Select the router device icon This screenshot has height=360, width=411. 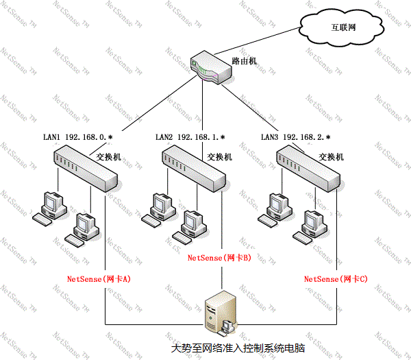[x=206, y=67]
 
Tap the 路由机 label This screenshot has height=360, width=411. [x=243, y=61]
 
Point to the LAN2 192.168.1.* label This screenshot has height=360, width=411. [x=190, y=137]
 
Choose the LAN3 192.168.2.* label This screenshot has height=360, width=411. [x=296, y=137]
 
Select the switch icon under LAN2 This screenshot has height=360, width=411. [x=197, y=170]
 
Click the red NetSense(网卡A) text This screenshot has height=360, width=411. [x=99, y=279]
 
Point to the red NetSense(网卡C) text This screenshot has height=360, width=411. [x=336, y=279]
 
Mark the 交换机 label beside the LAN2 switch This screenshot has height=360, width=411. [x=219, y=156]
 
